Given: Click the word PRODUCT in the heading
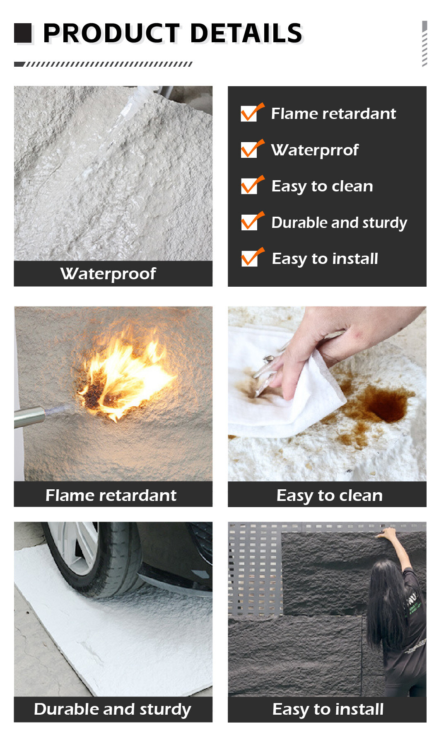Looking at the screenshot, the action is pos(111,33).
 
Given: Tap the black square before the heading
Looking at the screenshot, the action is pos(23,33).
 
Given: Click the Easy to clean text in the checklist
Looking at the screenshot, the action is pos(322,186).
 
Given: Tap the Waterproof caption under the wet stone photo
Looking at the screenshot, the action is pos(108,274).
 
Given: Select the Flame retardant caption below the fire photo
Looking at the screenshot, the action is pos(111,495).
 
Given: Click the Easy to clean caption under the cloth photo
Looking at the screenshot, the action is pos(330,496).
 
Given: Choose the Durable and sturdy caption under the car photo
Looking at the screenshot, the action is pos(113,709).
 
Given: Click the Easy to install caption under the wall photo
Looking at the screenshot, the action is pos(328,709).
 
